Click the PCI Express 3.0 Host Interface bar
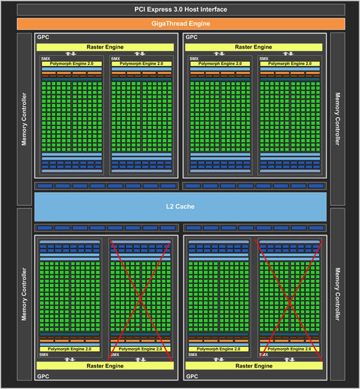(x=181, y=10)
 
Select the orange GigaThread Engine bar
(x=181, y=23)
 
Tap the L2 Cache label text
(x=180, y=207)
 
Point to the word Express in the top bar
(x=160, y=10)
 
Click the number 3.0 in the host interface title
(x=179, y=10)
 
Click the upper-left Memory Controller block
(x=24, y=119)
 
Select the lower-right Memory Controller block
(x=338, y=294)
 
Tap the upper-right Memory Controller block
(x=338, y=119)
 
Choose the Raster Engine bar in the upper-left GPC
(x=105, y=47)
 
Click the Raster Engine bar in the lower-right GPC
(x=254, y=366)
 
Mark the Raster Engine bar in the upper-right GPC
(x=254, y=47)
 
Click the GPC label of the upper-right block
(x=191, y=37)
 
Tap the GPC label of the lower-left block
(x=43, y=376)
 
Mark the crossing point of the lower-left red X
(x=140, y=299)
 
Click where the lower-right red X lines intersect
(x=289, y=302)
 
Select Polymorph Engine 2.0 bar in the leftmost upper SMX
(x=71, y=64)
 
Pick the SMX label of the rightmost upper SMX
(x=264, y=59)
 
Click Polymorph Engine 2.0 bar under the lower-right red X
(x=289, y=349)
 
